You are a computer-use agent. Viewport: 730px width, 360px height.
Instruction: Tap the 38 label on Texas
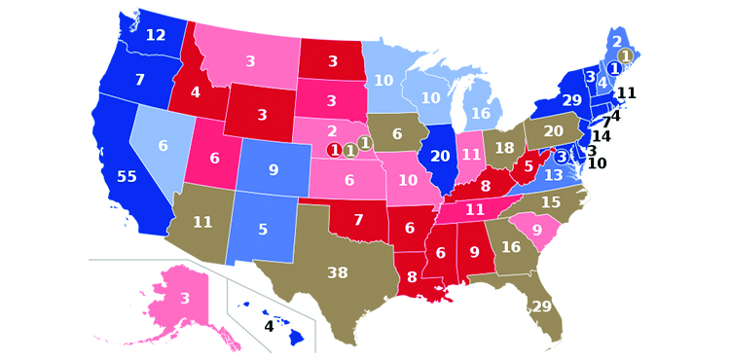(337, 273)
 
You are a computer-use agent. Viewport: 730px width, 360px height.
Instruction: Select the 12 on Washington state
(156, 36)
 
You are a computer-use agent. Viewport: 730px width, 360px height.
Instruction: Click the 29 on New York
(572, 101)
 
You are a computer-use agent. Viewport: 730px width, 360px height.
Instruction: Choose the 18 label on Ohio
(504, 148)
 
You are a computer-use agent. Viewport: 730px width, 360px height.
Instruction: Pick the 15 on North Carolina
(551, 202)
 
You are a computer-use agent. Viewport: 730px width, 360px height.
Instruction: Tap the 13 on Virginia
(553, 175)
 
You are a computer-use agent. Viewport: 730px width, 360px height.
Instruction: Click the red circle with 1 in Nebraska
(334, 151)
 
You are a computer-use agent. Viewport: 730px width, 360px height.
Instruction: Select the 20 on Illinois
(441, 157)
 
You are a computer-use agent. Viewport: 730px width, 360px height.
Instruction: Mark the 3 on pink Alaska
(185, 299)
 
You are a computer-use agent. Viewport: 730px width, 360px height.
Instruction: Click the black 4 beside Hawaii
(269, 327)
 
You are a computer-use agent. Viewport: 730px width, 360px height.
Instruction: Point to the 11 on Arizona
(202, 223)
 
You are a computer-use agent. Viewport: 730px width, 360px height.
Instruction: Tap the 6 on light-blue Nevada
(163, 146)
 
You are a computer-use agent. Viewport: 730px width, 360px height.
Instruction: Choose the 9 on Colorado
(274, 170)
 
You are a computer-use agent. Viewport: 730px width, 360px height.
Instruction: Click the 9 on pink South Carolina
(535, 231)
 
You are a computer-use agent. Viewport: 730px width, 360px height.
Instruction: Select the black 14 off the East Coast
(602, 137)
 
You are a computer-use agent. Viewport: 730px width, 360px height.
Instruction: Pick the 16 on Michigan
(481, 114)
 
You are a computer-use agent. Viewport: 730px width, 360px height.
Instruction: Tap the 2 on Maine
(615, 42)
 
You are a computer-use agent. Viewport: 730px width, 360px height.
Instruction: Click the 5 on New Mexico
(263, 231)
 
